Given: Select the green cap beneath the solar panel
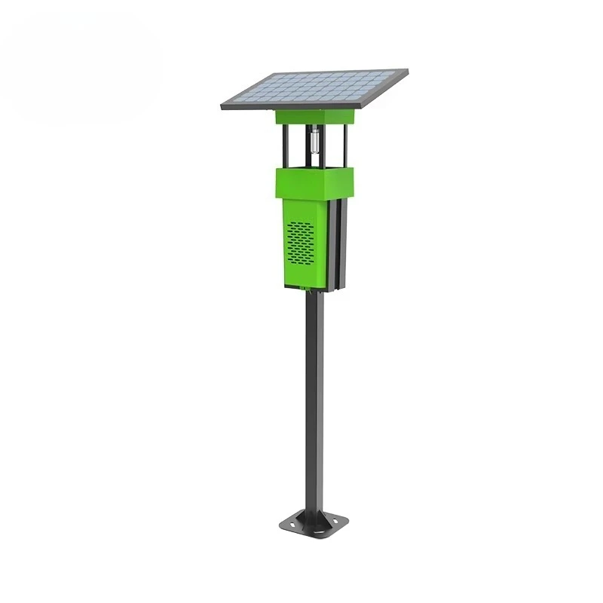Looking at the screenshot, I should pos(314,117).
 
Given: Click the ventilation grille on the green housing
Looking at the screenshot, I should pos(301,243).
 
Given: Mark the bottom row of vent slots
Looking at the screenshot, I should pos(301,262).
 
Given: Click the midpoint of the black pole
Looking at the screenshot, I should pos(315,399).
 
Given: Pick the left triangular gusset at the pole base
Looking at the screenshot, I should pos(301,517).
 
